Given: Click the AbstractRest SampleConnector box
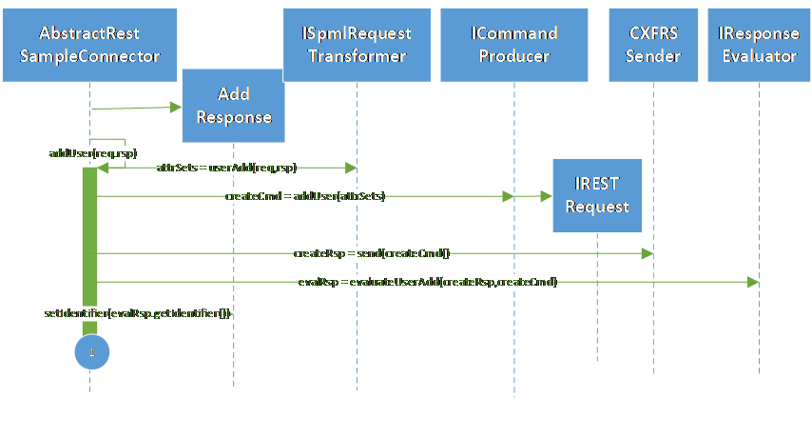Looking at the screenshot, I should pyautogui.click(x=90, y=45).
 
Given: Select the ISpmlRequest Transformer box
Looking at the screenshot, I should pyautogui.click(x=357, y=45).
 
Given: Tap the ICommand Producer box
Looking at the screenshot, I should pyautogui.click(x=513, y=45).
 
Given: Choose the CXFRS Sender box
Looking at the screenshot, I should pyautogui.click(x=655, y=45).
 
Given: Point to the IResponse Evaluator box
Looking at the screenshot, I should pyautogui.click(x=759, y=45).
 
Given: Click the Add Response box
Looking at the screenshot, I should pyautogui.click(x=233, y=107).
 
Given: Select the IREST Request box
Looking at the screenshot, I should pyautogui.click(x=597, y=194).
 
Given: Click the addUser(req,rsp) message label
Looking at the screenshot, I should pyautogui.click(x=92, y=153).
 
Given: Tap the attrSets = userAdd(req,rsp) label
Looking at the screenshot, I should pyautogui.click(x=226, y=168).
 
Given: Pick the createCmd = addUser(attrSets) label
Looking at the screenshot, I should pyautogui.click(x=305, y=196).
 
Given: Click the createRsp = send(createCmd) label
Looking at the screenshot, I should pyautogui.click(x=372, y=254).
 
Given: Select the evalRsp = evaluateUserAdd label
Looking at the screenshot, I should pyautogui.click(x=427, y=282).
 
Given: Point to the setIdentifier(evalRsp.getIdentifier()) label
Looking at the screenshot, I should pyautogui.click(x=137, y=312).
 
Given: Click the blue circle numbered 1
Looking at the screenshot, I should pyautogui.click(x=91, y=351).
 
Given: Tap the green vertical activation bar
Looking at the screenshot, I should pyautogui.click(x=89, y=248).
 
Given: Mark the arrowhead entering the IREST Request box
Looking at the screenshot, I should pyautogui.click(x=546, y=196).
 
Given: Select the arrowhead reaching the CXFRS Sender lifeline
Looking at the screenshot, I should pyautogui.click(x=648, y=253).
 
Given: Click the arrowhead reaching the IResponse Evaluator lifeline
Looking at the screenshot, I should pyautogui.click(x=753, y=282).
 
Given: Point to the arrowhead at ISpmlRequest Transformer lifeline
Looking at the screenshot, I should pyautogui.click(x=351, y=168).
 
